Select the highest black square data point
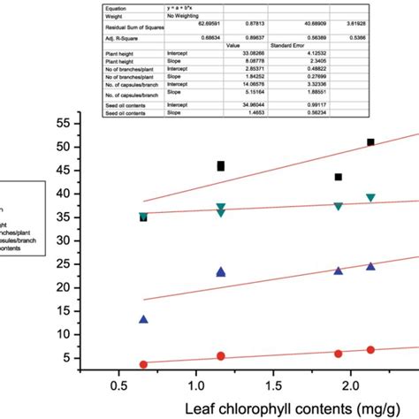(x=371, y=142)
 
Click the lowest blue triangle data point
(x=143, y=319)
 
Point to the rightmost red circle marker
(x=371, y=350)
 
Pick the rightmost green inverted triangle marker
(x=371, y=198)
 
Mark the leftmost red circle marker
(x=143, y=364)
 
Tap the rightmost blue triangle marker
(x=371, y=266)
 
